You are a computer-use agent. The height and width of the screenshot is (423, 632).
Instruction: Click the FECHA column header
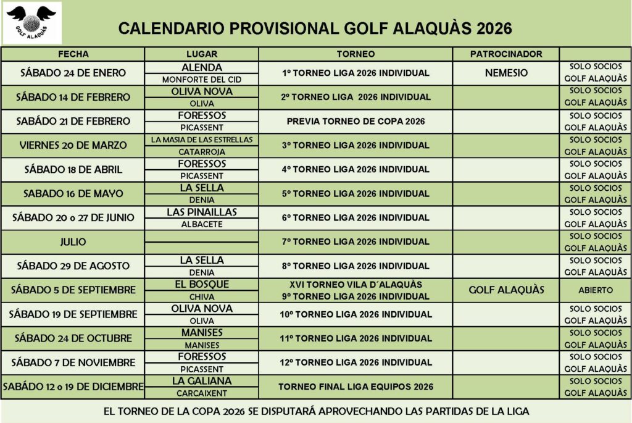coord(73,54)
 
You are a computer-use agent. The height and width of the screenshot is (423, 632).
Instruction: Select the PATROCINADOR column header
coord(505,54)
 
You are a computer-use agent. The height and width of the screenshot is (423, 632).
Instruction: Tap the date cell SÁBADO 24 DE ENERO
coord(73,73)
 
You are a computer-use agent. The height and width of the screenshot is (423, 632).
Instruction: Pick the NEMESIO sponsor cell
coord(506,73)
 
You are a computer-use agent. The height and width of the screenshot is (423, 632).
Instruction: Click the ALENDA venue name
coord(202,67)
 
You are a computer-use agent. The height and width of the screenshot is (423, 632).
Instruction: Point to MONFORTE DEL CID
coord(202,80)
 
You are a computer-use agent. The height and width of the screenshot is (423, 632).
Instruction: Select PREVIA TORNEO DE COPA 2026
coord(355,121)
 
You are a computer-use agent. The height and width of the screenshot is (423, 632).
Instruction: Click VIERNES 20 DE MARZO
coord(73,145)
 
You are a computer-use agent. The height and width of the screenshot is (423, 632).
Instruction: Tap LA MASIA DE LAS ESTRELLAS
coord(202,140)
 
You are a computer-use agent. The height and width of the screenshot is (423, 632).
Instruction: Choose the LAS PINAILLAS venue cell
coord(202,212)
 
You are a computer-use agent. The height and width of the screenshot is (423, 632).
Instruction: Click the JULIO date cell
coord(73,241)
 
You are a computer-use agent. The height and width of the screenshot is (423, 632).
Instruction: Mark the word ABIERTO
coord(596,290)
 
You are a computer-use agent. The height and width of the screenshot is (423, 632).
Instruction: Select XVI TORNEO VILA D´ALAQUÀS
coord(355,285)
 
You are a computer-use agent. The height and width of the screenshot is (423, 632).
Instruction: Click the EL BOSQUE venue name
coord(202,284)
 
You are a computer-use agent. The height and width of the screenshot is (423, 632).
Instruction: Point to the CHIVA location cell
coord(202,296)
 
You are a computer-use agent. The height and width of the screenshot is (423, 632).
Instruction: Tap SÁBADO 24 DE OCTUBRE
coord(73,338)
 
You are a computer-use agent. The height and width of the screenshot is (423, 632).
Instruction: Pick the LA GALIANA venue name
coord(202,381)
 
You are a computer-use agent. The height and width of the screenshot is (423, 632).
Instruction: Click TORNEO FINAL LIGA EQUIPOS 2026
coord(355,387)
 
